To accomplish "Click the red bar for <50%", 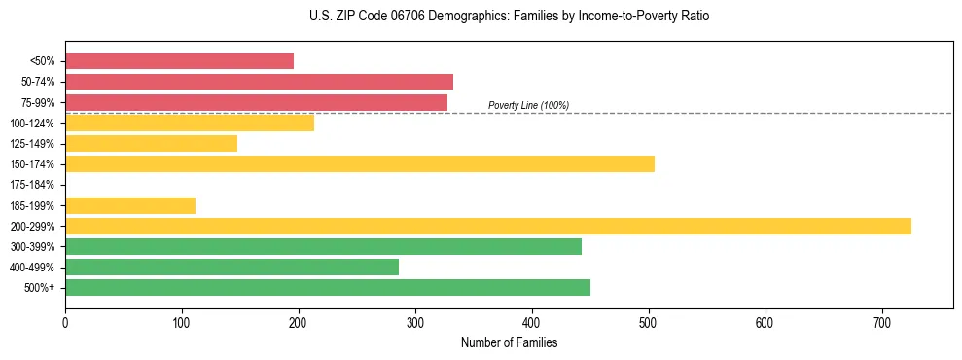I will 179,61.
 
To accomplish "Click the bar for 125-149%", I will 151,144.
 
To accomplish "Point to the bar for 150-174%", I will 360,164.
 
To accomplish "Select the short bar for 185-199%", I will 130,205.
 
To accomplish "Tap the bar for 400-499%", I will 232,268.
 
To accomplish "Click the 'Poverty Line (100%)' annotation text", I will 528,105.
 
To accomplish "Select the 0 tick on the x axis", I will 65,324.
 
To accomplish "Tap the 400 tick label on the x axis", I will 532,324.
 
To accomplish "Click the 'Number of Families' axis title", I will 509,343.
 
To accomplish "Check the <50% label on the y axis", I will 43,61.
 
